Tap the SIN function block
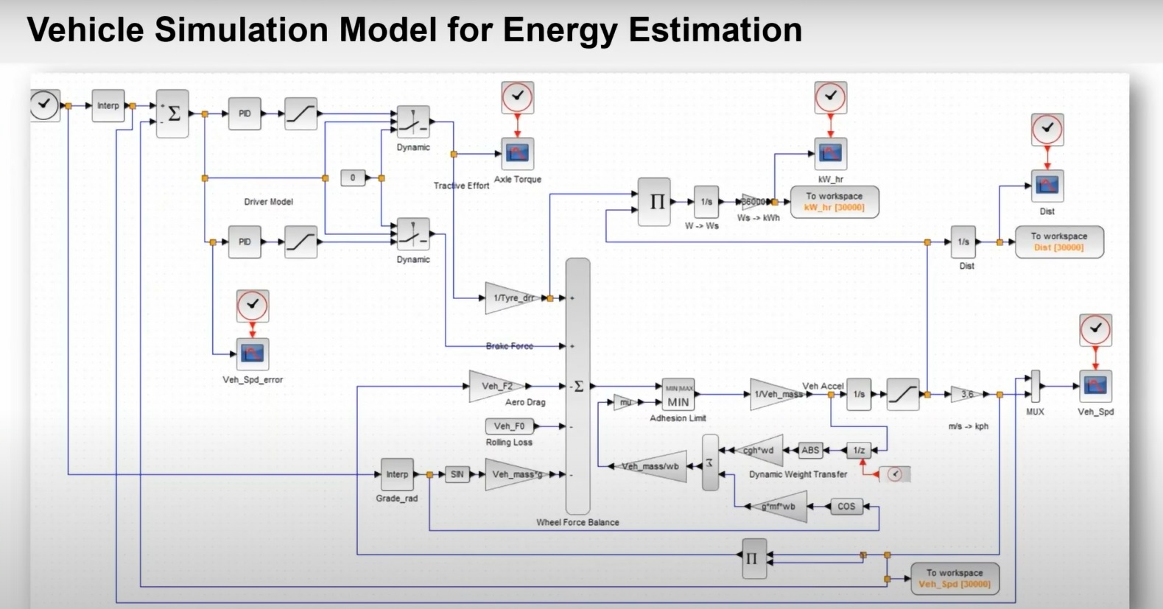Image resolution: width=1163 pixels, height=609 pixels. coord(457,474)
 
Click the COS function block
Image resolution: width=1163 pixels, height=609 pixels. coord(846,507)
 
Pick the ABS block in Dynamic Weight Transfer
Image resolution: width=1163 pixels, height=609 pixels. coord(810,450)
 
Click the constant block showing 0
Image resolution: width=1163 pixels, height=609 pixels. coord(353,177)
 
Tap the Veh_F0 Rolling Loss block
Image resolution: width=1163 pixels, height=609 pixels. coord(510,426)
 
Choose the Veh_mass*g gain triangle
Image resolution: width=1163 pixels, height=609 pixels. coord(513,474)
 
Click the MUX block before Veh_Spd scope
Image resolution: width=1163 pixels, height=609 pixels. coord(1035,387)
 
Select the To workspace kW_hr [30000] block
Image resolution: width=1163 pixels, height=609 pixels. coord(835,202)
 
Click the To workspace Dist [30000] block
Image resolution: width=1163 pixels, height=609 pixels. coord(1058,242)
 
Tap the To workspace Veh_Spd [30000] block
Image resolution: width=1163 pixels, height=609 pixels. coord(954,578)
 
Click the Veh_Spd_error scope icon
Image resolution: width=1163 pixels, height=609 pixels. coord(253,354)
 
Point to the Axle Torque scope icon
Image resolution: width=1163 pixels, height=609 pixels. coord(518,154)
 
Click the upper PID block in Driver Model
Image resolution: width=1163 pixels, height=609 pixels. coord(245,113)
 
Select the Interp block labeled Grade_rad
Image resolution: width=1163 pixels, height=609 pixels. coord(397,474)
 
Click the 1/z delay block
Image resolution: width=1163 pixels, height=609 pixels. coord(859,450)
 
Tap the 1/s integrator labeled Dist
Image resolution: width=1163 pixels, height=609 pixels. coord(963,242)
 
